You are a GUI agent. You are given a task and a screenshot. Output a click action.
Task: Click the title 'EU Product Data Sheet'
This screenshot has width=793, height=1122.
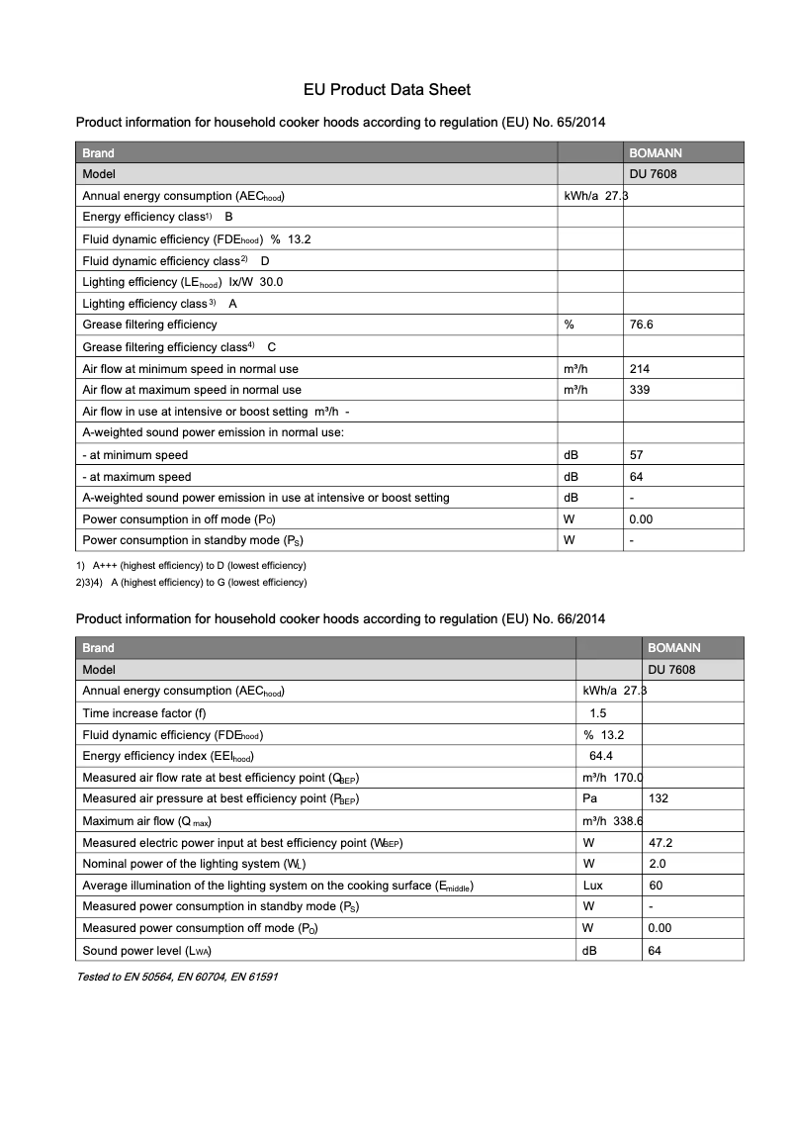387,90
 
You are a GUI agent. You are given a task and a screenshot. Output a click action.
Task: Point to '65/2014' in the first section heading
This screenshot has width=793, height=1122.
579,123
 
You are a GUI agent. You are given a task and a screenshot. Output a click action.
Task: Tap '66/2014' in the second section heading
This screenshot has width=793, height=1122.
579,618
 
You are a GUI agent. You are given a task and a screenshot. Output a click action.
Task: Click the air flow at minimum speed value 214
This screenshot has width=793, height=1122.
640,369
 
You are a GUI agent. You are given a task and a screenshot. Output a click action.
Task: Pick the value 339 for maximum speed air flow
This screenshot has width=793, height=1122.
640,390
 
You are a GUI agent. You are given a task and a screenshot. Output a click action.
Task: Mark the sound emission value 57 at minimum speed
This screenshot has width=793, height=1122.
637,455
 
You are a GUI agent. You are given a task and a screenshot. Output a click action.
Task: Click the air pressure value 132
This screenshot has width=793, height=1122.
658,798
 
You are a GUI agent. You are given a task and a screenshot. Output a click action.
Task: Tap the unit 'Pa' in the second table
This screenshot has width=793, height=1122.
590,798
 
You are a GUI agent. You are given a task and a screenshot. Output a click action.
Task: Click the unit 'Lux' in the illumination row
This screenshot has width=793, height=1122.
593,886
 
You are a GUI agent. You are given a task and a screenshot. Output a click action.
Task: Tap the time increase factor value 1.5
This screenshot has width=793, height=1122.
598,713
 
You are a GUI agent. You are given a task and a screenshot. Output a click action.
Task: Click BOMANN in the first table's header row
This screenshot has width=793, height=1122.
656,153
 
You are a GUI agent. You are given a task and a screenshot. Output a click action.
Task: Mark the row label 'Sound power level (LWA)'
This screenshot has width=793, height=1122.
146,951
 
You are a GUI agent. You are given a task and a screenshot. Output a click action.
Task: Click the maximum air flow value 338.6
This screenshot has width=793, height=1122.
627,821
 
